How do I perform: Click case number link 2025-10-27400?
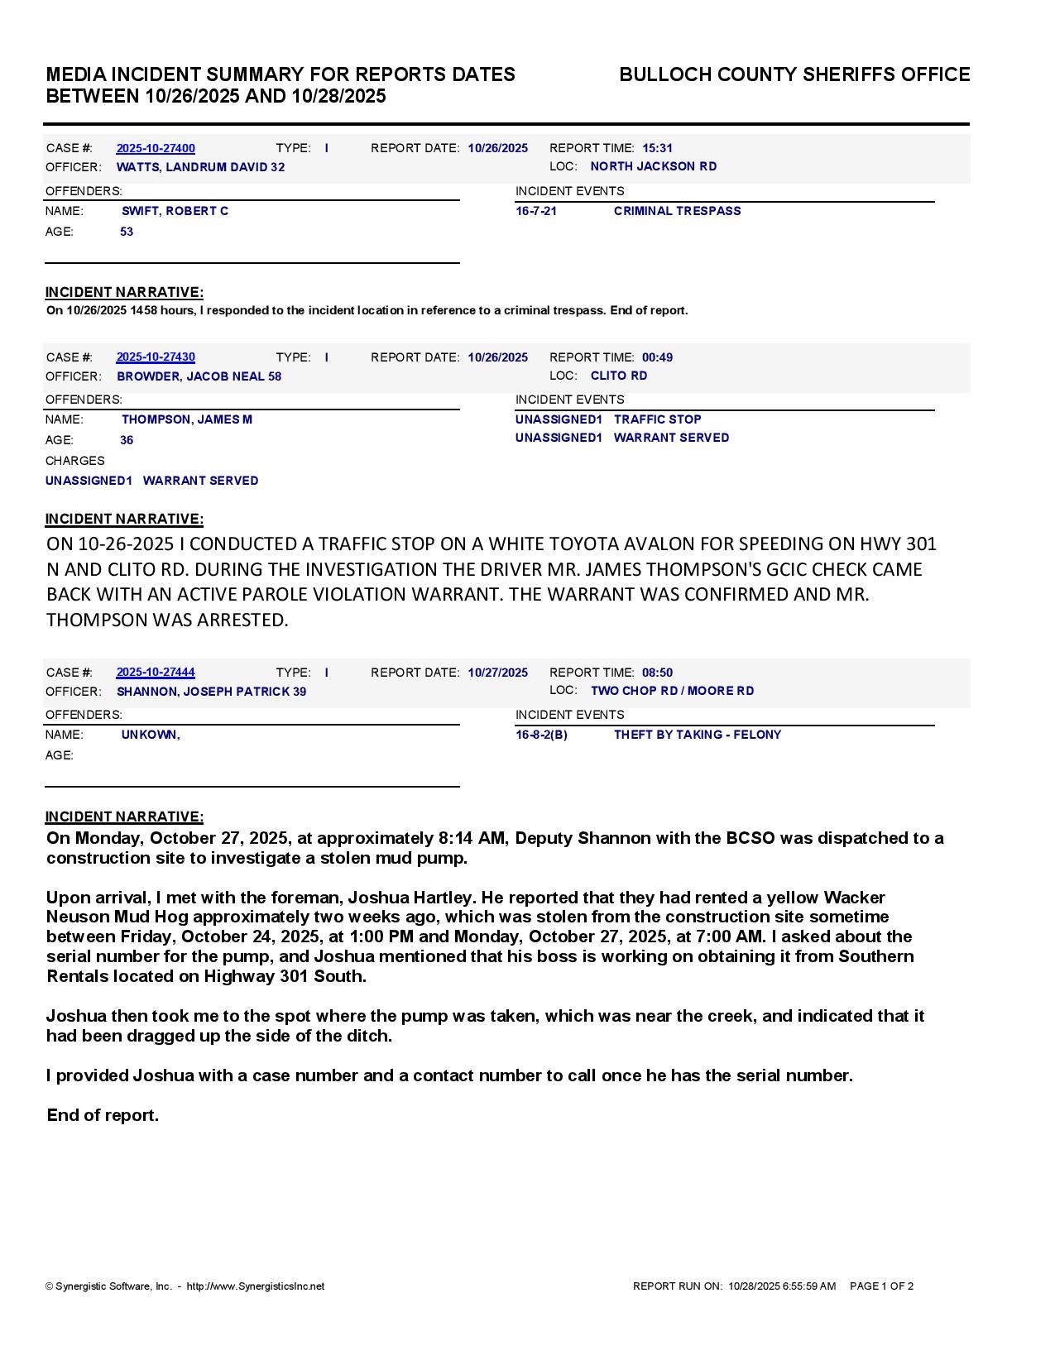pyautogui.click(x=156, y=148)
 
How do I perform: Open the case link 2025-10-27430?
pyautogui.click(x=156, y=357)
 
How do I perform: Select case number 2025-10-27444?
pyautogui.click(x=156, y=673)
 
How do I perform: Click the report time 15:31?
pyautogui.click(x=657, y=148)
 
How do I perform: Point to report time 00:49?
pyautogui.click(x=657, y=357)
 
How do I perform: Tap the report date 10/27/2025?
pyautogui.click(x=497, y=673)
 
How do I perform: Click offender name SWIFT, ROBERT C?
pyautogui.click(x=175, y=211)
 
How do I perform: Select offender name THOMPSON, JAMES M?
pyautogui.click(x=187, y=419)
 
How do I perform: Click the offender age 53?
pyautogui.click(x=127, y=232)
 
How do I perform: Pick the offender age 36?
pyautogui.click(x=127, y=440)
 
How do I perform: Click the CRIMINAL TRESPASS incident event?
pyautogui.click(x=677, y=211)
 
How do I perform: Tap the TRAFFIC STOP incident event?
pyautogui.click(x=657, y=419)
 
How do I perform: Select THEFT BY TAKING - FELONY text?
pyautogui.click(x=697, y=735)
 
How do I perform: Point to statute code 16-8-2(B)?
pyautogui.click(x=541, y=735)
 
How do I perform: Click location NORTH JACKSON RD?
pyautogui.click(x=653, y=166)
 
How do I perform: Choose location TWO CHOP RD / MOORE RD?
pyautogui.click(x=672, y=691)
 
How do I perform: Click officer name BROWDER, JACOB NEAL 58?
pyautogui.click(x=199, y=376)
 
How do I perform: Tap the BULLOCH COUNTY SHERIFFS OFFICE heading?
pyautogui.click(x=794, y=74)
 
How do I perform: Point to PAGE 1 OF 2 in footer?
pyautogui.click(x=881, y=1286)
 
